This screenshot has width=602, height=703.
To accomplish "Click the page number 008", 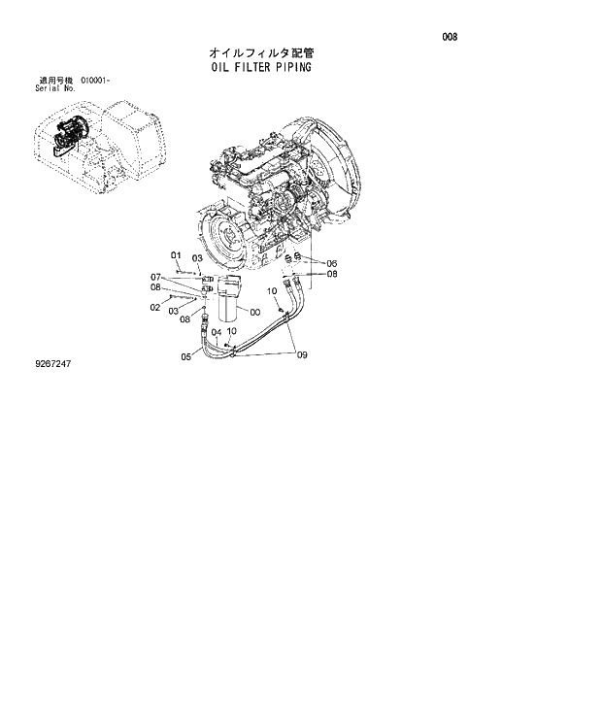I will click(x=450, y=38).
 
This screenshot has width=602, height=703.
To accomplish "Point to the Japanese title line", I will click(x=260, y=52).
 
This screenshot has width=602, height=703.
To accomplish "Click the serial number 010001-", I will click(x=97, y=80).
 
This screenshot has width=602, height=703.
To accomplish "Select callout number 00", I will click(x=255, y=313).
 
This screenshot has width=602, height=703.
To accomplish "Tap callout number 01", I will click(x=176, y=256).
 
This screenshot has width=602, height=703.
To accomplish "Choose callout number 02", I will click(x=154, y=308).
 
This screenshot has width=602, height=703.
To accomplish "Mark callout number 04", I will click(x=217, y=331).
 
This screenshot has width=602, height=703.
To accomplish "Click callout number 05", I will click(x=185, y=355).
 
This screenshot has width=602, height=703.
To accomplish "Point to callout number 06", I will click(x=331, y=263).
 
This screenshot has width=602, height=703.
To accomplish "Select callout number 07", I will click(x=154, y=277).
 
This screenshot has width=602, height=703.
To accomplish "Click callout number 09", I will click(x=302, y=355).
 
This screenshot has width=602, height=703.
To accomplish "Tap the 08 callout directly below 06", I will click(x=331, y=274).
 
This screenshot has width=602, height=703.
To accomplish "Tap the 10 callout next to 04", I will click(x=231, y=331).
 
